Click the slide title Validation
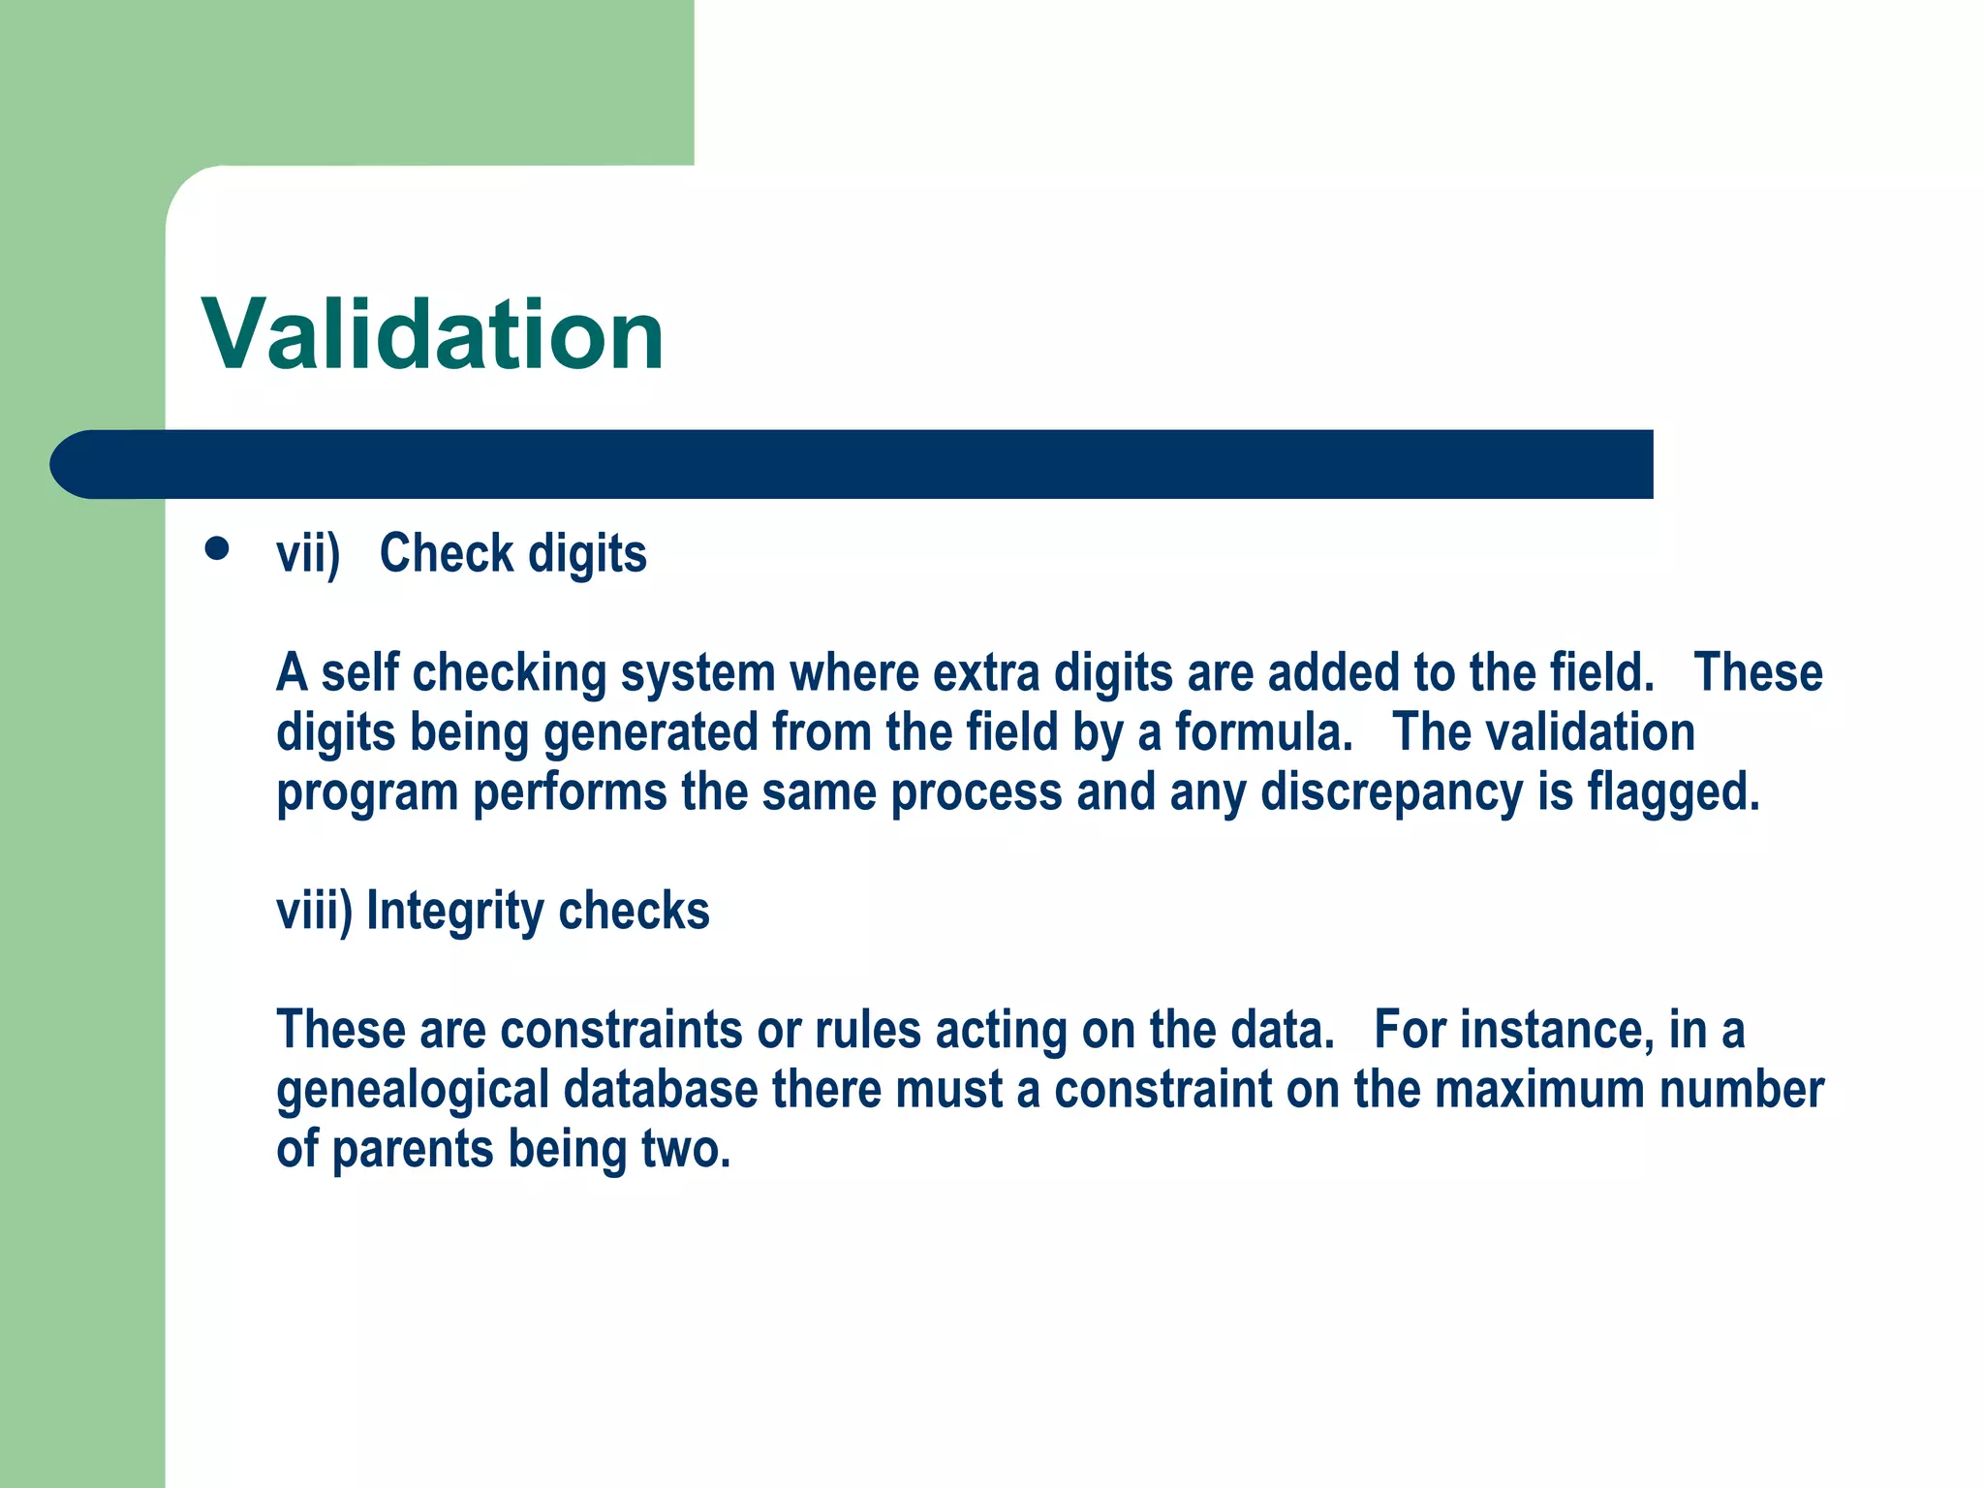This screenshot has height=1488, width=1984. [x=432, y=334]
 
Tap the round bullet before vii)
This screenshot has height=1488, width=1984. [x=217, y=549]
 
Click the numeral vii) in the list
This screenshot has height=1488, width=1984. [x=308, y=554]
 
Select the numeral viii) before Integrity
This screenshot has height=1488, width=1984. [x=315, y=912]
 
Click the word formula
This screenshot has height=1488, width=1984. [x=1263, y=732]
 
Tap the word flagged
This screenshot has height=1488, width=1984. [x=1673, y=792]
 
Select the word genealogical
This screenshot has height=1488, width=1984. [x=413, y=1091]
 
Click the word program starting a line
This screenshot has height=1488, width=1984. [x=367, y=793]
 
